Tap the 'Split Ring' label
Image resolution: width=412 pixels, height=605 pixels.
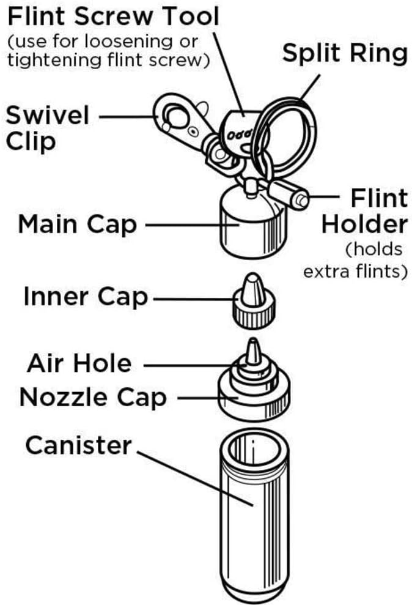coord(345,54)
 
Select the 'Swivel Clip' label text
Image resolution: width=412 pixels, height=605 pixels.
coord(48,127)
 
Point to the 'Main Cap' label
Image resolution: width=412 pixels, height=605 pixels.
coord(77,224)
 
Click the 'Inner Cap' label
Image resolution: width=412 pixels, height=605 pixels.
coord(86,297)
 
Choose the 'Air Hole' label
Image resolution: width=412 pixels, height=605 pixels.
coord(79,363)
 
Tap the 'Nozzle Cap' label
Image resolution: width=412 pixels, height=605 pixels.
coord(93,398)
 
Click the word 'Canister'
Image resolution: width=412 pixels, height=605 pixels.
coord(78,445)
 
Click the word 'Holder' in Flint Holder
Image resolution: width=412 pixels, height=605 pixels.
coord(364,224)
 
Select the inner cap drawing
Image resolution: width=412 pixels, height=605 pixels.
coord(253,303)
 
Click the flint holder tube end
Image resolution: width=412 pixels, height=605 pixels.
coord(300,198)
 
